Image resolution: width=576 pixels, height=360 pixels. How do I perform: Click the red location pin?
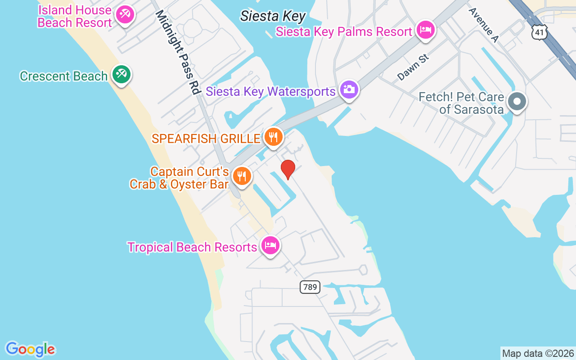pos(288,169)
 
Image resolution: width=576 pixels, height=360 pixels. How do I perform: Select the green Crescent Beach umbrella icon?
pos(121,74)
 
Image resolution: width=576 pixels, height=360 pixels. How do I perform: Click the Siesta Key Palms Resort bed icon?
pos(425,30)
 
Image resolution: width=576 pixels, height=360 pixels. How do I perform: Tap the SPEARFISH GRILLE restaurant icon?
pos(273,137)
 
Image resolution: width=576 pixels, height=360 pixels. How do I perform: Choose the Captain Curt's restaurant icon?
pos(242,176)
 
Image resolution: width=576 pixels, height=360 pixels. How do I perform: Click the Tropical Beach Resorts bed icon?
pos(270,246)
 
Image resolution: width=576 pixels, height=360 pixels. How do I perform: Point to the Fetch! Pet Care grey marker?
pos(517,102)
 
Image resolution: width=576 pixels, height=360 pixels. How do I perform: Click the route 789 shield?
pos(310,287)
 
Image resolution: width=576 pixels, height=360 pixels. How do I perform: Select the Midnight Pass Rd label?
pos(177,52)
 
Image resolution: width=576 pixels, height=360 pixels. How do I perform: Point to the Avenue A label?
pos(483,25)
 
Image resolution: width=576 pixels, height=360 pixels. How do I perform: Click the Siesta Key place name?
pos(273,16)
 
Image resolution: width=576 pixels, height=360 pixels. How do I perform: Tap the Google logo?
pos(30,349)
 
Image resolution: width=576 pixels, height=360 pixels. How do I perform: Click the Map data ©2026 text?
pos(538,353)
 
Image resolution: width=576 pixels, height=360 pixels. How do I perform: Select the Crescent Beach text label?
pos(63,76)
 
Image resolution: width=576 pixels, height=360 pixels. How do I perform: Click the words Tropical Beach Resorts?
pos(192,247)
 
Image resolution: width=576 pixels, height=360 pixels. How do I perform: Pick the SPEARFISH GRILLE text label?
pos(206,138)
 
